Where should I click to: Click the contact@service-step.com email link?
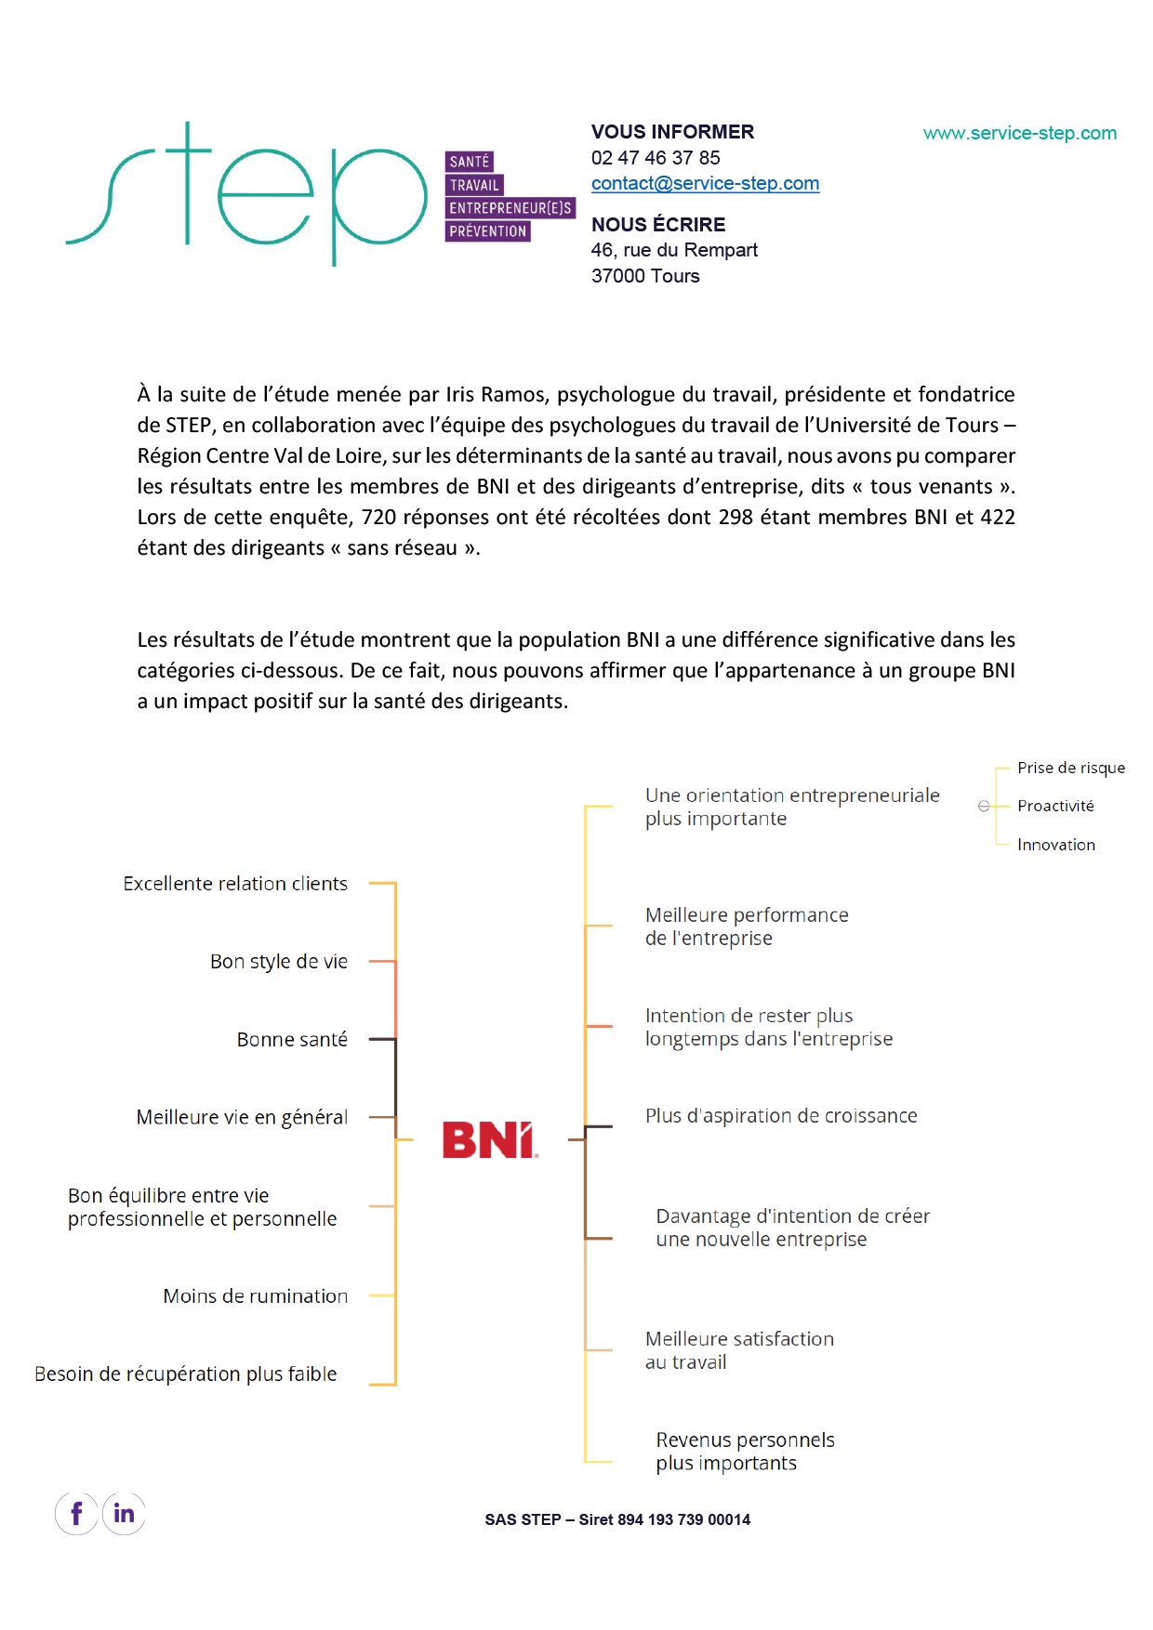pos(705,184)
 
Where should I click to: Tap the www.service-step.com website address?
pos(1019,133)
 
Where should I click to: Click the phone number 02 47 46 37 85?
pos(656,158)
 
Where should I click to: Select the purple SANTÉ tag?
pos(470,162)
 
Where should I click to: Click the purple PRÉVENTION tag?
pos(488,231)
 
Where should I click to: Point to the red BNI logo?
pos(489,1140)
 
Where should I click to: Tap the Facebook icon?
pos(77,1514)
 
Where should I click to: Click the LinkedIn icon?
pos(124,1514)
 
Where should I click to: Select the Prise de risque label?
pos(1070,768)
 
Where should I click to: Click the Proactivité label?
pos(1055,806)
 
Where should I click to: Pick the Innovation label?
pos(1055,845)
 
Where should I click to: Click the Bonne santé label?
pos(292,1039)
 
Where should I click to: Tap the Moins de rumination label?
pos(255,1295)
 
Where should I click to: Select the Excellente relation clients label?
pos(235,884)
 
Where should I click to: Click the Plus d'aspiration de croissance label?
pos(781,1116)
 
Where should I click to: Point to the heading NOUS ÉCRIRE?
pos(658,225)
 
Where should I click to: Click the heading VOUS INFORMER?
pos(672,132)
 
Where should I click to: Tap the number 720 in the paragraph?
pos(378,518)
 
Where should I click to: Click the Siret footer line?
pos(617,1519)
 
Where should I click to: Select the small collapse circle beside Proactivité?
pos(984,807)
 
